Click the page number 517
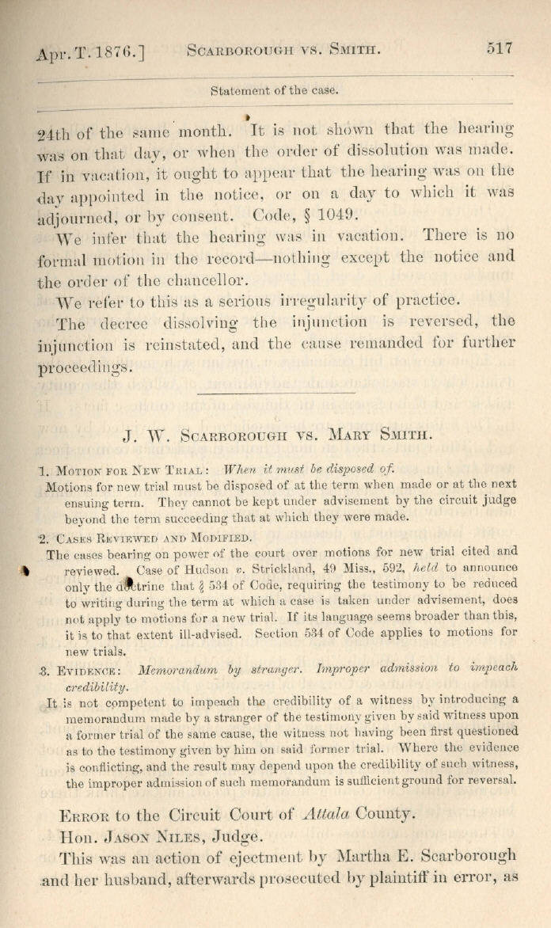pos(500,48)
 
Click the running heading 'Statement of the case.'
pos(274,90)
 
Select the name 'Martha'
pos(363,855)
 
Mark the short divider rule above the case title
pos(275,394)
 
